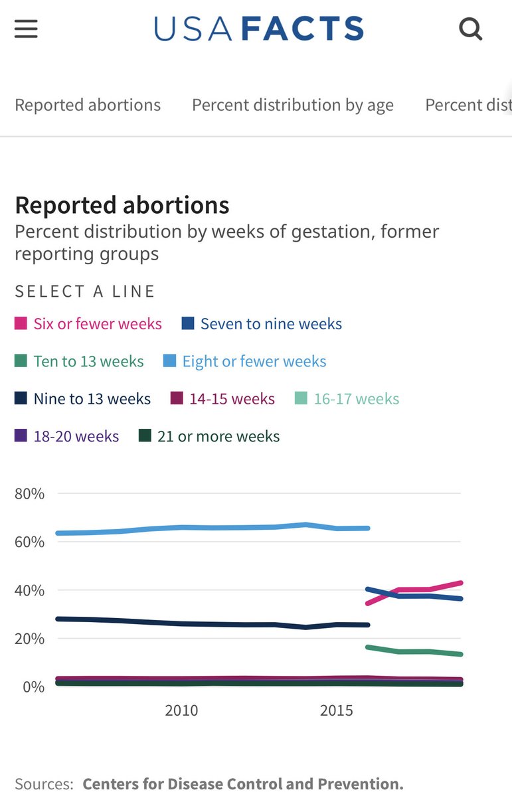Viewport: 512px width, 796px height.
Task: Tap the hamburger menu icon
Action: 26,29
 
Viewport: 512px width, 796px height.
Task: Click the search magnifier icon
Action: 470,29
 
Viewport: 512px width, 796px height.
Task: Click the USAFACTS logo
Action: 259,29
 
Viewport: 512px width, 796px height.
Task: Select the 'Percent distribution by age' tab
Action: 292,105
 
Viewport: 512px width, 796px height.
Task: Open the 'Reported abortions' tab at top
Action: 88,105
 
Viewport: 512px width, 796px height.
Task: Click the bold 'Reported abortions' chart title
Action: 122,205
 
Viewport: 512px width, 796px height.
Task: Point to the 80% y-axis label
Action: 29,494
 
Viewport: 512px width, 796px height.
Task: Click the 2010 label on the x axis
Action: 181,710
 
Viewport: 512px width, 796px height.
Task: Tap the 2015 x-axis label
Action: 337,710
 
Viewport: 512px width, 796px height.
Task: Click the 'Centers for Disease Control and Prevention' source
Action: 242,784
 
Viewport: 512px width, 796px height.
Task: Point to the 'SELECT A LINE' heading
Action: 85,291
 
